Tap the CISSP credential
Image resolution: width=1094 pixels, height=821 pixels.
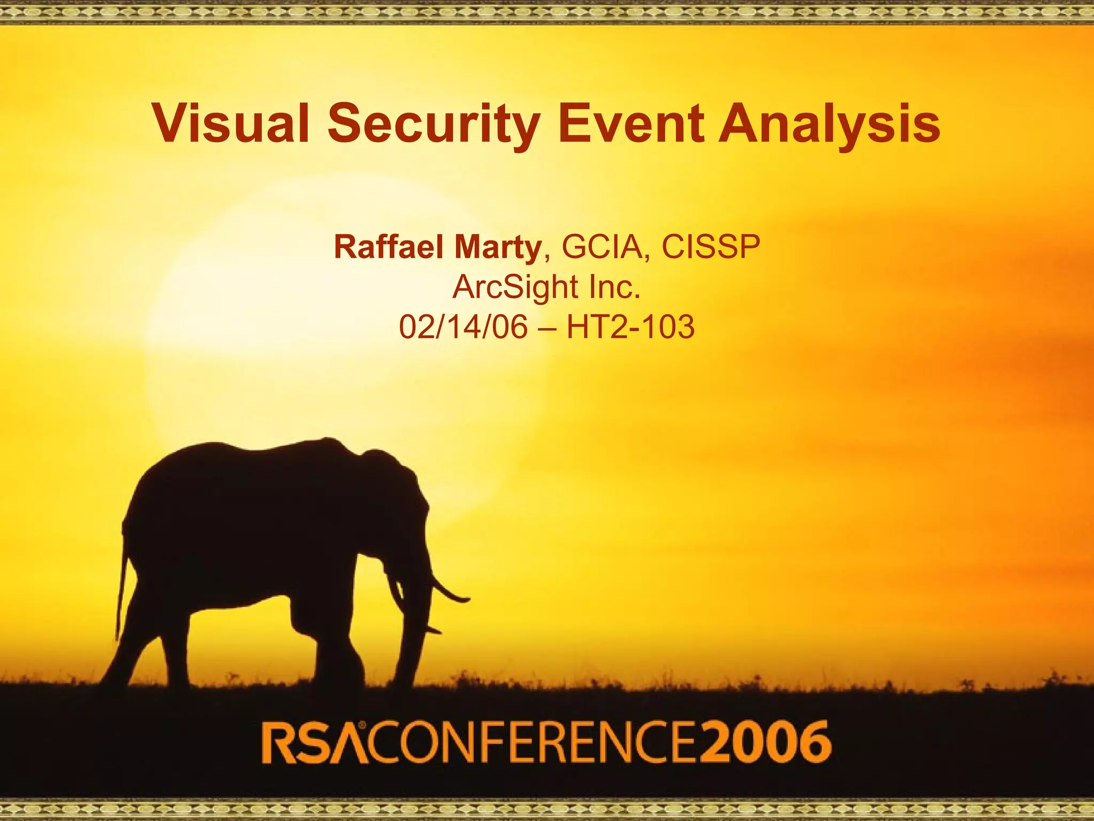[x=710, y=247]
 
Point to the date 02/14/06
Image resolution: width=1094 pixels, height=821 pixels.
[x=463, y=327]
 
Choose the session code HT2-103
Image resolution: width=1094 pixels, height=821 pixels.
[x=630, y=327]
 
